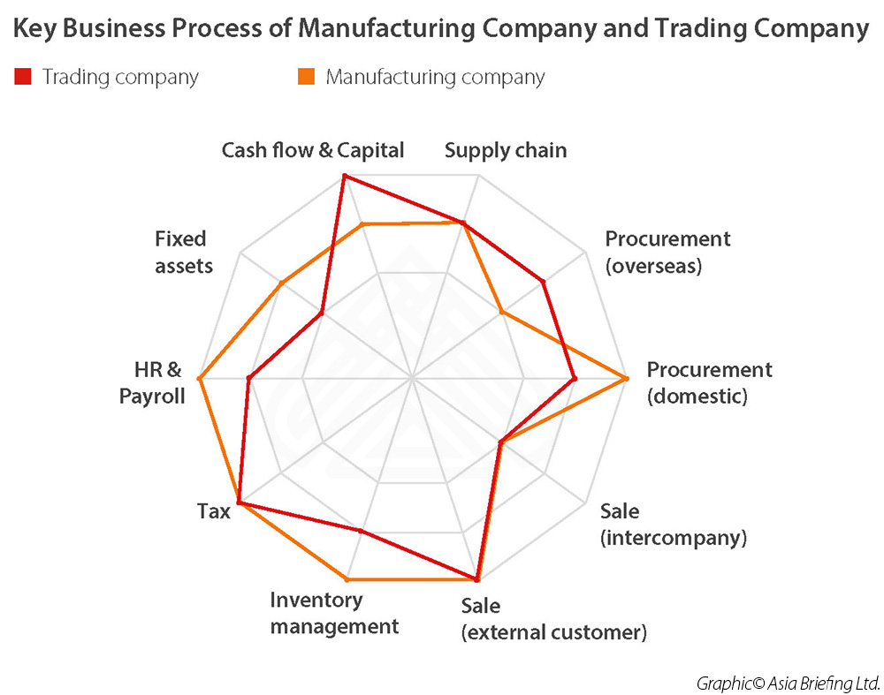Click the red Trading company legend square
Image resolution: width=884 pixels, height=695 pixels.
pos(23,76)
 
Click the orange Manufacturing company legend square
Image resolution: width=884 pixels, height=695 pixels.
pos(306,76)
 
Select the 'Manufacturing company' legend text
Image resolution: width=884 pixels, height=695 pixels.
pos(435,77)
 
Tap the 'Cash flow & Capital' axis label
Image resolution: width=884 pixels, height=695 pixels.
pos(313,150)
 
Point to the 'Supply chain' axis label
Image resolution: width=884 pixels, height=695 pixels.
pos(506,151)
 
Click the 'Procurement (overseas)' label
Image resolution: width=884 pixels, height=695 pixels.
pos(667,252)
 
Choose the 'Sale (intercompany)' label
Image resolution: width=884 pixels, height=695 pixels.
pos(673,525)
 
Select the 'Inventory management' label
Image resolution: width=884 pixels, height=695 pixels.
pos(334,614)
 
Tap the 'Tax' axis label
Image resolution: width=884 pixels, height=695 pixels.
pos(214,511)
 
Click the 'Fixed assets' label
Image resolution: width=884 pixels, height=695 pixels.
pos(184,252)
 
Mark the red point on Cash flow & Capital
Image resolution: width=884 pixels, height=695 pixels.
pos(345,177)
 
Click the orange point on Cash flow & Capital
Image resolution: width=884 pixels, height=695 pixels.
pos(363,224)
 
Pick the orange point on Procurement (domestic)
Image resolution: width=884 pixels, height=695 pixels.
pos(626,379)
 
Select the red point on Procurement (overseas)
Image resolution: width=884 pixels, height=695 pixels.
pos(543,281)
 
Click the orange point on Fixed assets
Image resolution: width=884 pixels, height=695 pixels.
pos(282,283)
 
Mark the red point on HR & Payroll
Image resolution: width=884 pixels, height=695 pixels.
pos(248,379)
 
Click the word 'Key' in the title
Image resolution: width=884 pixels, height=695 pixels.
pos(35,28)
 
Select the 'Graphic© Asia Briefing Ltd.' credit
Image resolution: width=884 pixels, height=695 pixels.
pos(789,684)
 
